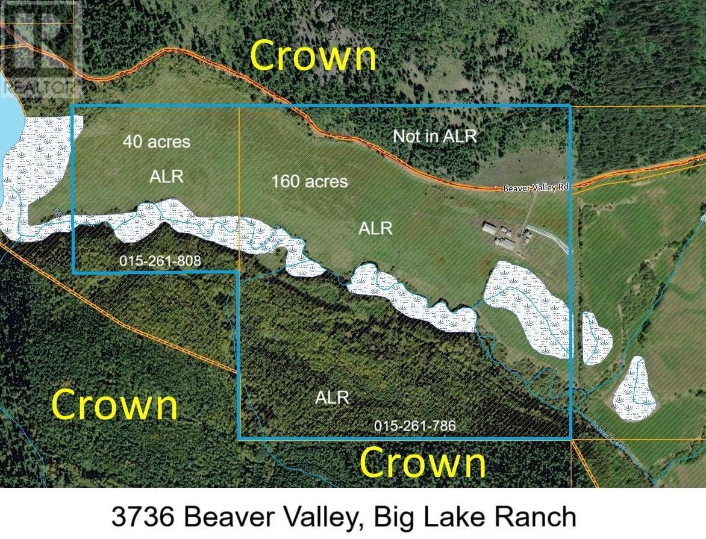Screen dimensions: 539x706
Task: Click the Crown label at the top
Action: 313,57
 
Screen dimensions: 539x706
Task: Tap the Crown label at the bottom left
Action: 114,405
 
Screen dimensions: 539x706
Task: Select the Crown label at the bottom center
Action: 422,464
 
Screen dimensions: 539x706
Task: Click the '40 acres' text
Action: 157,142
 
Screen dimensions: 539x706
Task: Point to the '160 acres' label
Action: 310,181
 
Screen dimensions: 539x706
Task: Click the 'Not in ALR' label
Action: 439,136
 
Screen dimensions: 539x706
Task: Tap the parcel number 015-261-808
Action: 160,261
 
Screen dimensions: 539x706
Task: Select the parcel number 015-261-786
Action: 414,426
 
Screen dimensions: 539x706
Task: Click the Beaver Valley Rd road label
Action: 536,188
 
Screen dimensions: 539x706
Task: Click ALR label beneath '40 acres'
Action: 167,176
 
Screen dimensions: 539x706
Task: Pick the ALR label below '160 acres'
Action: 375,228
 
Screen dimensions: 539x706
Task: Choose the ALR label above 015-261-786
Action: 333,398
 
